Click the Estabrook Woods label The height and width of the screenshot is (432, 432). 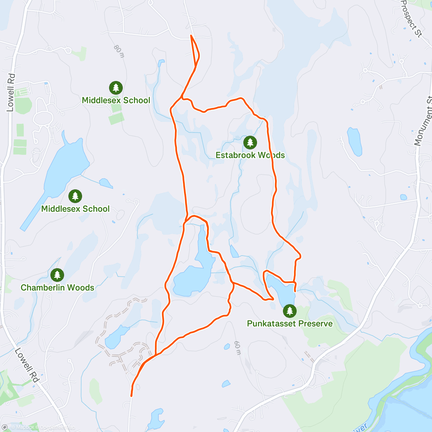[250, 155]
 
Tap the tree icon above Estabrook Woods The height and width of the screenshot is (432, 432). [250, 143]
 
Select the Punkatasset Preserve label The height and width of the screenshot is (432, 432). [289, 324]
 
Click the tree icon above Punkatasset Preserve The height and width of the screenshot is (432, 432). [289, 311]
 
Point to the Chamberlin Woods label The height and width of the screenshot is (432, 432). [57, 288]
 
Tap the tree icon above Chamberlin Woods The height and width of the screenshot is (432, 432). [57, 275]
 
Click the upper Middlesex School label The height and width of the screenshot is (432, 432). [116, 100]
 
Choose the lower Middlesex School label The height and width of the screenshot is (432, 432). [75, 209]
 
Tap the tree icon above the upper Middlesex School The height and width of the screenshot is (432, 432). [116, 87]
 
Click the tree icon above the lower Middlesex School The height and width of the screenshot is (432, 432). [75, 196]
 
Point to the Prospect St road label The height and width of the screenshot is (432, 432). [411, 19]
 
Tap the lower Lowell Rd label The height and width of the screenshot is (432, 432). [27, 365]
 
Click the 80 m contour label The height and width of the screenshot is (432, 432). [119, 51]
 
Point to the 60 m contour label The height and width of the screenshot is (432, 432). [237, 348]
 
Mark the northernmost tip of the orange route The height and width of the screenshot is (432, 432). [191, 35]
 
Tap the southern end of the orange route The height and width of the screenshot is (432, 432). [131, 396]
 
